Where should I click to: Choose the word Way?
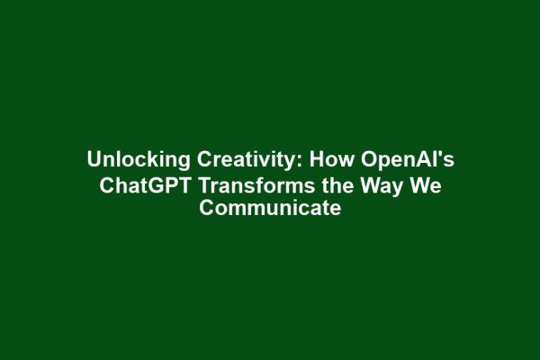click(x=374, y=185)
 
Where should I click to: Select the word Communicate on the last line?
click(x=270, y=210)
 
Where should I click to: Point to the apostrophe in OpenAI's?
click(x=440, y=154)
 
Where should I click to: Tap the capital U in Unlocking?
click(x=94, y=160)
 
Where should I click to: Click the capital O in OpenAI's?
click(x=368, y=160)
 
